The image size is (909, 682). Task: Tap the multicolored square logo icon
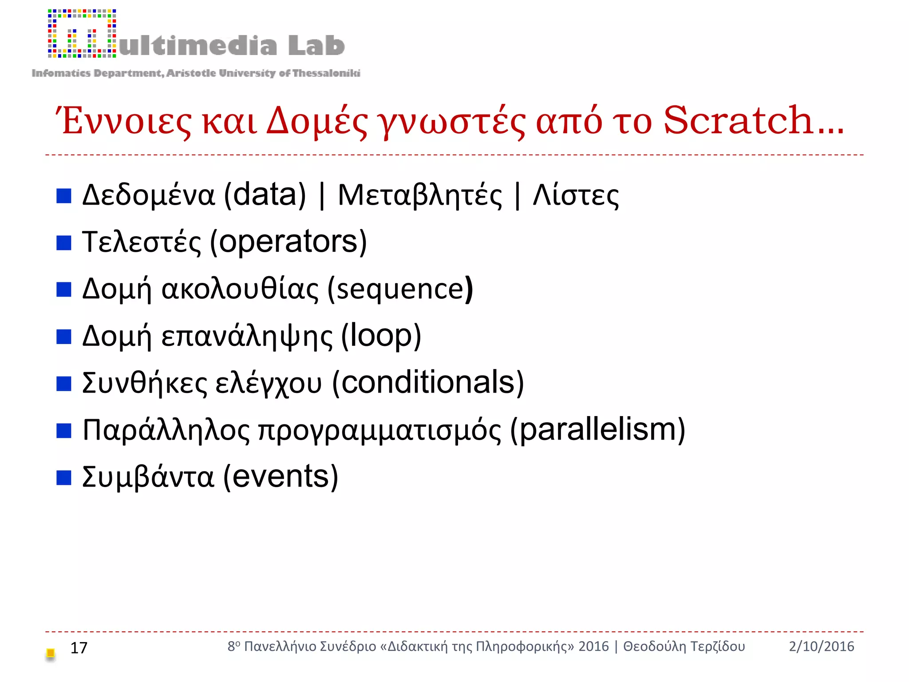click(82, 34)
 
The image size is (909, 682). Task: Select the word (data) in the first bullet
click(265, 195)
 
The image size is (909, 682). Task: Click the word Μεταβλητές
click(420, 196)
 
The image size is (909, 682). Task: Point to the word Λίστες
click(576, 196)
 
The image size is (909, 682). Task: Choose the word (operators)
click(288, 242)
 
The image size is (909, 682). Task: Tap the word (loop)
click(381, 336)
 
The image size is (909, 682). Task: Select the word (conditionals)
click(428, 383)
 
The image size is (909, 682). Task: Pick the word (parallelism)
click(597, 430)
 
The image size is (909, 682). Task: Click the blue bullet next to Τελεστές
click(64, 243)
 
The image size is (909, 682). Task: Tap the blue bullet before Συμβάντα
click(64, 478)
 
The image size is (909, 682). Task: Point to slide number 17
click(79, 648)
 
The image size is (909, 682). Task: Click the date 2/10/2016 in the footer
click(821, 646)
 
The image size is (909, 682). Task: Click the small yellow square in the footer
click(51, 653)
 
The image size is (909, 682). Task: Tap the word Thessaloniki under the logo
click(326, 73)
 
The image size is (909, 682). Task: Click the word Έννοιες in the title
click(123, 121)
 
